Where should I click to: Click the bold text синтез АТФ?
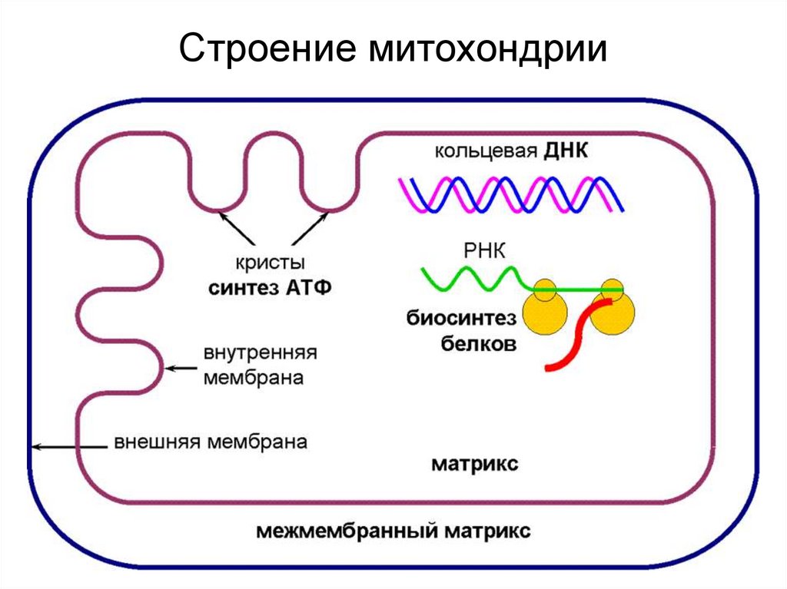pyautogui.click(x=269, y=289)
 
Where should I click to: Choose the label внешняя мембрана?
pyautogui.click(x=211, y=443)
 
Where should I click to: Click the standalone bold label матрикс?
pyautogui.click(x=474, y=465)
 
